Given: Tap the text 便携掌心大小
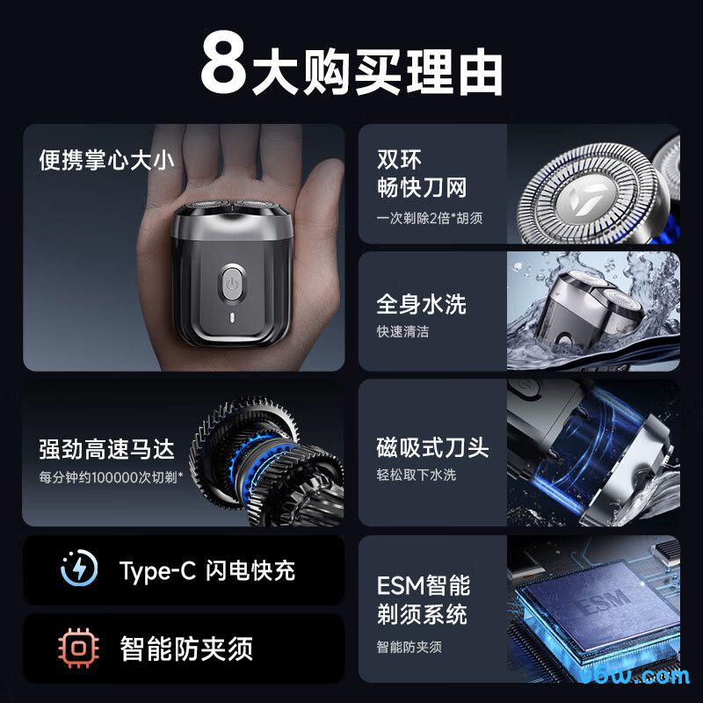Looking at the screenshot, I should tap(106, 161).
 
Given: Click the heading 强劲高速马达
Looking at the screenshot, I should tap(106, 449).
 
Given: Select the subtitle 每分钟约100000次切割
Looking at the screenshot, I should tap(111, 477).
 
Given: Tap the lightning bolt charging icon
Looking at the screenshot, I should tap(79, 569).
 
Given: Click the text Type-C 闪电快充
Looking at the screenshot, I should tap(207, 570).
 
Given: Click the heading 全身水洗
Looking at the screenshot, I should tap(421, 304).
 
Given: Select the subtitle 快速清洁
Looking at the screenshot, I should tap(402, 331).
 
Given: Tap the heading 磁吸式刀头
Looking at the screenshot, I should tap(432, 447).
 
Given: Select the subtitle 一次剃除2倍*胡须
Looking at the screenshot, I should tap(430, 217).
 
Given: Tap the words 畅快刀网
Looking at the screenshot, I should tap(421, 187).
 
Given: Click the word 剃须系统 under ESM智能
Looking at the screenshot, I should tap(421, 614).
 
